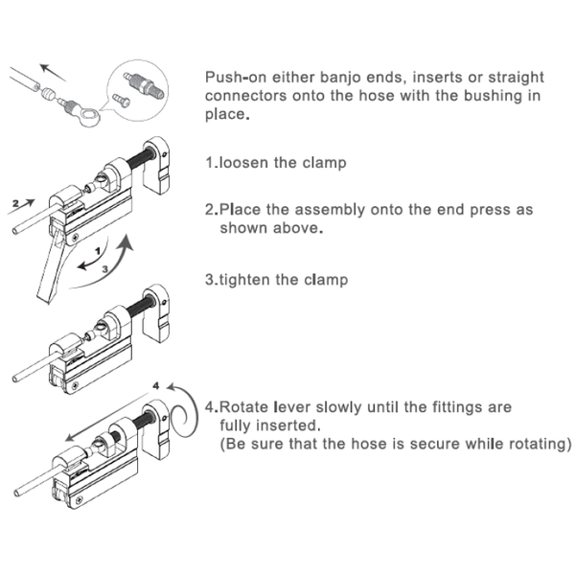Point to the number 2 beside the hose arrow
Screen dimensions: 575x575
point(15,204)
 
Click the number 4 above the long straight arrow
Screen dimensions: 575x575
point(156,385)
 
